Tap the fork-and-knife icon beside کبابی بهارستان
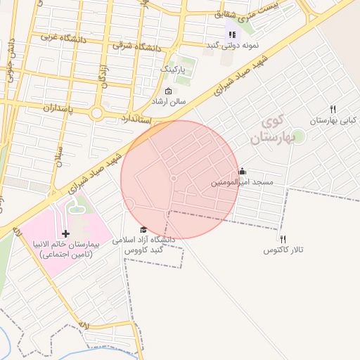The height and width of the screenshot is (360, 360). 333,109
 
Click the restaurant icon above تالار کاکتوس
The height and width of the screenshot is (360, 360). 283,239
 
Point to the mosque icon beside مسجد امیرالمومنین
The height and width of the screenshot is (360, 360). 243,171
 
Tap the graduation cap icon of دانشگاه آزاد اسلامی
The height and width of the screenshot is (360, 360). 143,230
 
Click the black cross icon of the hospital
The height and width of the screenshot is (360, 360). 66,233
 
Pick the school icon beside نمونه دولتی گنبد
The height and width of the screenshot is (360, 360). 231,34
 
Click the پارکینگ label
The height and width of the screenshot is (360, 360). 174,70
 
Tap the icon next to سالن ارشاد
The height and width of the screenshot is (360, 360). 168,91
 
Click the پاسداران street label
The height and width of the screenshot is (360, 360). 46,109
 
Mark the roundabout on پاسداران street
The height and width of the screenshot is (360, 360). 96,112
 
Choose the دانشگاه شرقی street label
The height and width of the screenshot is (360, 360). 136,46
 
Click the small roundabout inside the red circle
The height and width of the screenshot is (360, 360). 174,179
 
